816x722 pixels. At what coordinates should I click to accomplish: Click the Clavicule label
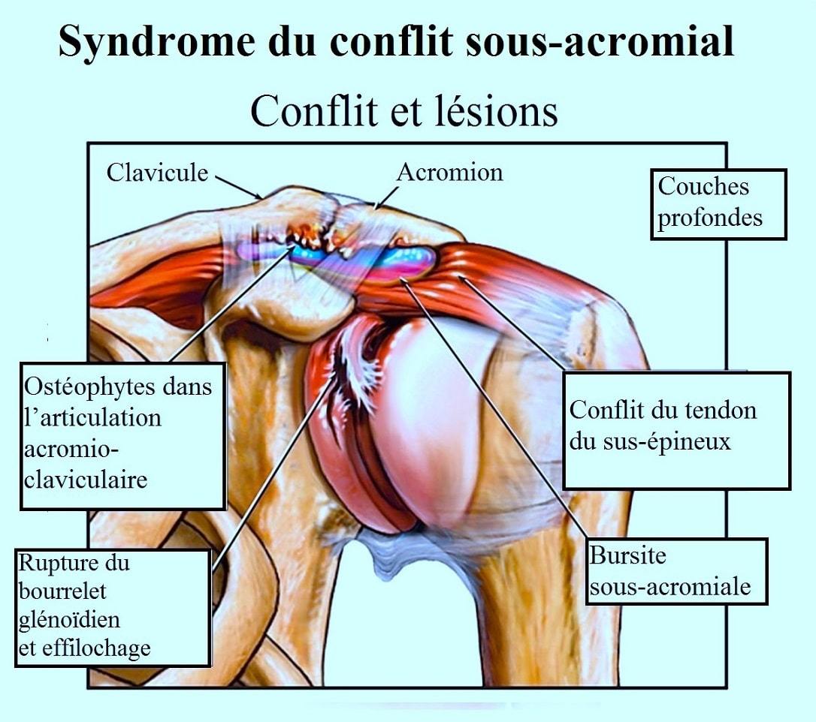click(x=157, y=172)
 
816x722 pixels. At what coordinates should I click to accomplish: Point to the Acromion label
click(x=449, y=172)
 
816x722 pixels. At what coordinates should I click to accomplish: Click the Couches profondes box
click(x=718, y=203)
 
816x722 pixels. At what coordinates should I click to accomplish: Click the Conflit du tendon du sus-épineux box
click(x=676, y=429)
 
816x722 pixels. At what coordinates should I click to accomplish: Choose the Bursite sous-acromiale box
click(x=676, y=571)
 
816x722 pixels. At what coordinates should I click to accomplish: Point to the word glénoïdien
click(x=70, y=620)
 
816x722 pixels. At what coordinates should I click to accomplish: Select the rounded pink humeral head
click(x=436, y=428)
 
